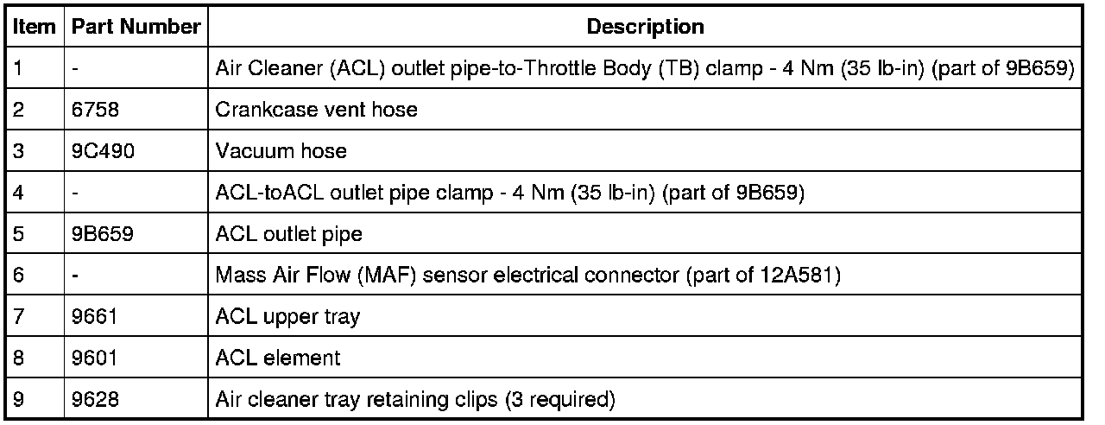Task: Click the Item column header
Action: click(x=34, y=27)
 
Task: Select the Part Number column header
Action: click(x=136, y=27)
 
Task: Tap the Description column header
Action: click(x=645, y=27)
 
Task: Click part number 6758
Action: click(x=92, y=110)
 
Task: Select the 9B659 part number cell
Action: click(x=102, y=234)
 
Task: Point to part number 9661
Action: click(x=92, y=317)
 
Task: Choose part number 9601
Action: click(x=92, y=358)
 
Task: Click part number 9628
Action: click(x=92, y=399)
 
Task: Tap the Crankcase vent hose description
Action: click(x=315, y=110)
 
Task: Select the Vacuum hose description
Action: click(x=281, y=151)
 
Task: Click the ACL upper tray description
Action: click(x=287, y=317)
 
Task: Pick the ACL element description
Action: click(x=278, y=358)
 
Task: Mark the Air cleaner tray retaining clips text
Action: click(x=414, y=399)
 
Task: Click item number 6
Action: click(x=19, y=276)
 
